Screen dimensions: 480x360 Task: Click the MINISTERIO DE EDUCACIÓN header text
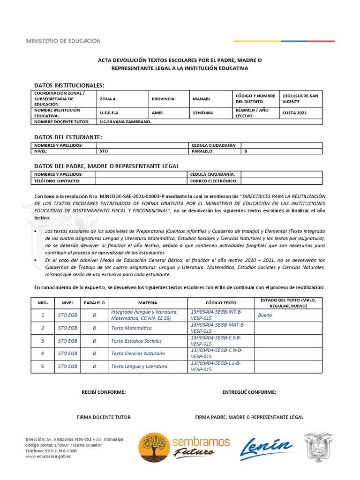tap(63, 41)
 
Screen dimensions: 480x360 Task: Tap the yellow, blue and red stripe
tap(284, 41)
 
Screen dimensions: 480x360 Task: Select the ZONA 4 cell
tap(107, 99)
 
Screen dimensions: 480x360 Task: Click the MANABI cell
tap(201, 99)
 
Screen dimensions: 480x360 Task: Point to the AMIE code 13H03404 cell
tap(202, 113)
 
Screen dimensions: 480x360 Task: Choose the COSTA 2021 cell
tap(294, 113)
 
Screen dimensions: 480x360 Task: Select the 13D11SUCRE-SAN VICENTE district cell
tap(300, 98)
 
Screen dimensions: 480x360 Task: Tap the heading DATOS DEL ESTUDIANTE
tap(68, 137)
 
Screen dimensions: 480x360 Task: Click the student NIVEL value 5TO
tap(104, 151)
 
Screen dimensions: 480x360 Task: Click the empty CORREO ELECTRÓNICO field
tap(281, 181)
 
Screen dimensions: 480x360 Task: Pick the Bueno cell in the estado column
tap(265, 315)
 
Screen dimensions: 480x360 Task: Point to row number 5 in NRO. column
tap(43, 366)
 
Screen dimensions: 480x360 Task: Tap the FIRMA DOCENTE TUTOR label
tap(104, 417)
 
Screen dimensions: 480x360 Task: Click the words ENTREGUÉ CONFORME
tap(249, 392)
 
